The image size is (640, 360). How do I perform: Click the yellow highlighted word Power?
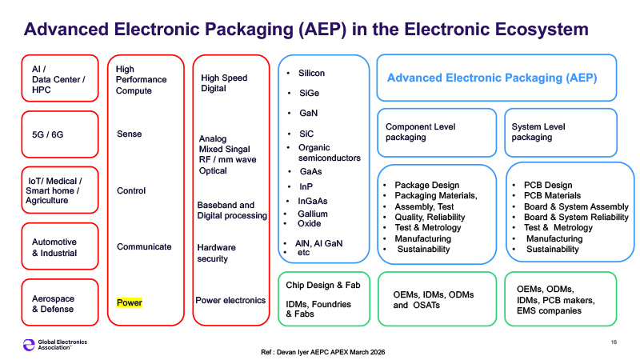click(130, 302)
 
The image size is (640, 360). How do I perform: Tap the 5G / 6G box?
click(60, 134)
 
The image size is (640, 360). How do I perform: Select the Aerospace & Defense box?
click(60, 302)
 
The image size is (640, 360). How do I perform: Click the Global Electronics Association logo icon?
click(29, 345)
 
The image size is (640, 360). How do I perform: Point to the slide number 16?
click(614, 342)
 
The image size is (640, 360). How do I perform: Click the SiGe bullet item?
click(309, 93)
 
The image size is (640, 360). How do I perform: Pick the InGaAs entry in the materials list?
click(313, 201)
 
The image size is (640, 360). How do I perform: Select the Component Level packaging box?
click(437, 133)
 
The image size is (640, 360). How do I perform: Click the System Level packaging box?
click(561, 133)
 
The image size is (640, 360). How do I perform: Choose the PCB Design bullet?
click(548, 185)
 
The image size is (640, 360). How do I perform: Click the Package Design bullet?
click(427, 185)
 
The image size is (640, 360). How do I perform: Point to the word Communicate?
click(144, 246)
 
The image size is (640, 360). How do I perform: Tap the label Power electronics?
click(230, 301)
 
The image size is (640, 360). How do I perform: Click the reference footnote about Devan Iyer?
click(323, 352)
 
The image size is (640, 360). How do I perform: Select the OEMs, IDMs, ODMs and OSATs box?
click(437, 299)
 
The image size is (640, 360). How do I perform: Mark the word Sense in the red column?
click(130, 134)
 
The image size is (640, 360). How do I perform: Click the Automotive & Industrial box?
click(60, 246)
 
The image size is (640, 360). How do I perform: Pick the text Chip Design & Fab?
click(323, 285)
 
